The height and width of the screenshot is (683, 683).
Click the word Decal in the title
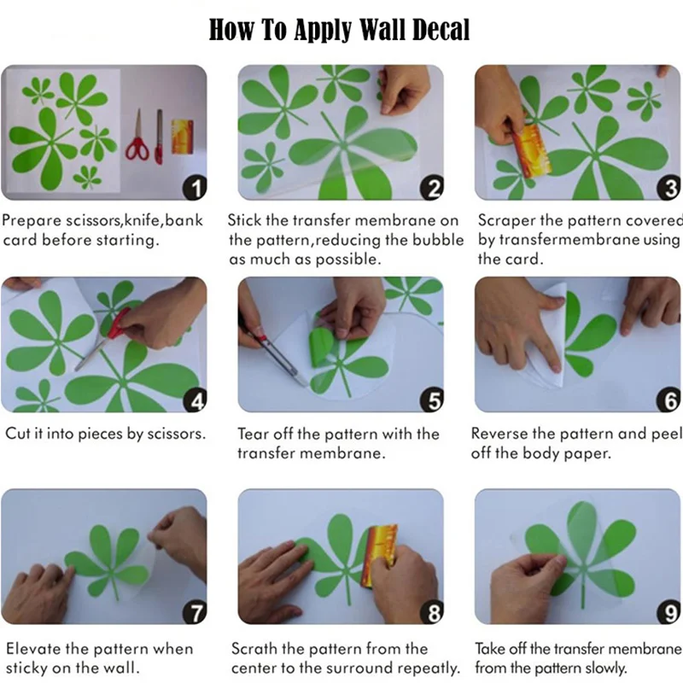(x=441, y=30)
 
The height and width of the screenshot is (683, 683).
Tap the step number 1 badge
(x=195, y=188)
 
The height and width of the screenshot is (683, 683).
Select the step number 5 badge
(x=432, y=400)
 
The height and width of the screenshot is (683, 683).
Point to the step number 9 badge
(x=669, y=612)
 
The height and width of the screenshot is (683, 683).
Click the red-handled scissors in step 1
(x=137, y=136)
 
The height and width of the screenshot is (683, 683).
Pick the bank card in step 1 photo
(x=183, y=137)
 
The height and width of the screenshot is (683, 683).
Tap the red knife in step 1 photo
(x=159, y=137)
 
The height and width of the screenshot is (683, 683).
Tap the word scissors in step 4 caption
(x=176, y=434)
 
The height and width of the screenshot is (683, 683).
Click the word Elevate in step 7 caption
(x=33, y=649)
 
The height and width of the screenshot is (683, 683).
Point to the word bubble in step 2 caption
(x=438, y=240)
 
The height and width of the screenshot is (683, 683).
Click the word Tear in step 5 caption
(x=252, y=434)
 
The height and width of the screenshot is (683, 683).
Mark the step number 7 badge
(x=195, y=612)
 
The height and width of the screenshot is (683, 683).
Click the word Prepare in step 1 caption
(x=32, y=221)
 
